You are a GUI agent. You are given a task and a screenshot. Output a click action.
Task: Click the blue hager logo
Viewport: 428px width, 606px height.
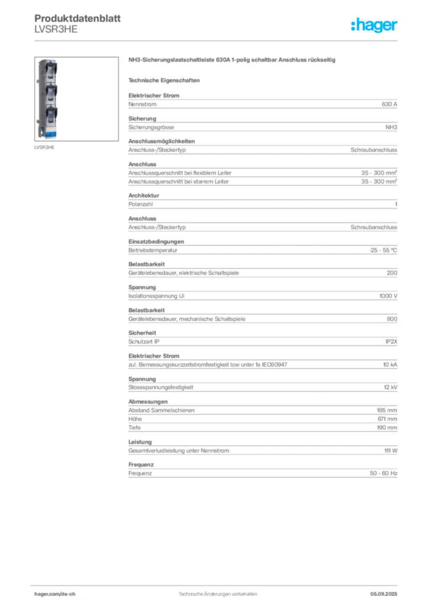click(375, 25)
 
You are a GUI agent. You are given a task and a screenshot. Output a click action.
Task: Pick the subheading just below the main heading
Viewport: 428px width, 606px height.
click(166, 79)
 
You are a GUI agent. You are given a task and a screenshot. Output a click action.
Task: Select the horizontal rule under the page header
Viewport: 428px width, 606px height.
click(217, 40)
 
